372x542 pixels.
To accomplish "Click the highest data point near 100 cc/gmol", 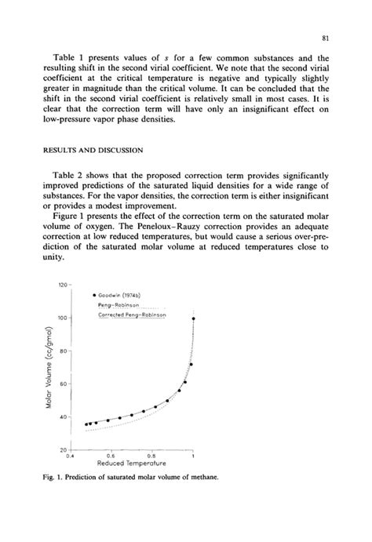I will tap(193, 318).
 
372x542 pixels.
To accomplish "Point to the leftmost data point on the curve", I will tap(86, 424).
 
